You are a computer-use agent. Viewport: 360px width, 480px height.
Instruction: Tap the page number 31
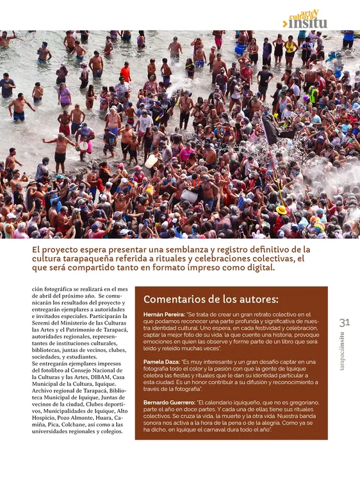pyautogui.click(x=344, y=323)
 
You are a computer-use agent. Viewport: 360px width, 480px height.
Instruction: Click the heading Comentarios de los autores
pyautogui.click(x=211, y=299)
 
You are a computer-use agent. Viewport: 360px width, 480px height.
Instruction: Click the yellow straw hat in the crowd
pyautogui.click(x=281, y=209)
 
